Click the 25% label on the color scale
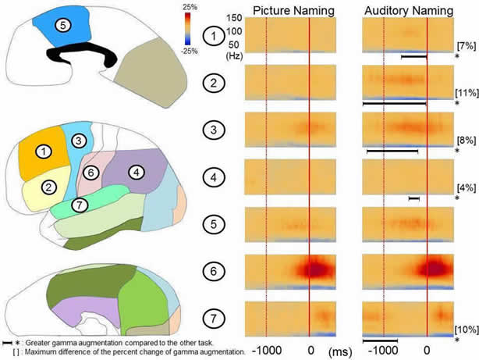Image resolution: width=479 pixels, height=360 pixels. (x=212, y=7)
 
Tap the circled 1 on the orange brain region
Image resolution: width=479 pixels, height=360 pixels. (x=44, y=151)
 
